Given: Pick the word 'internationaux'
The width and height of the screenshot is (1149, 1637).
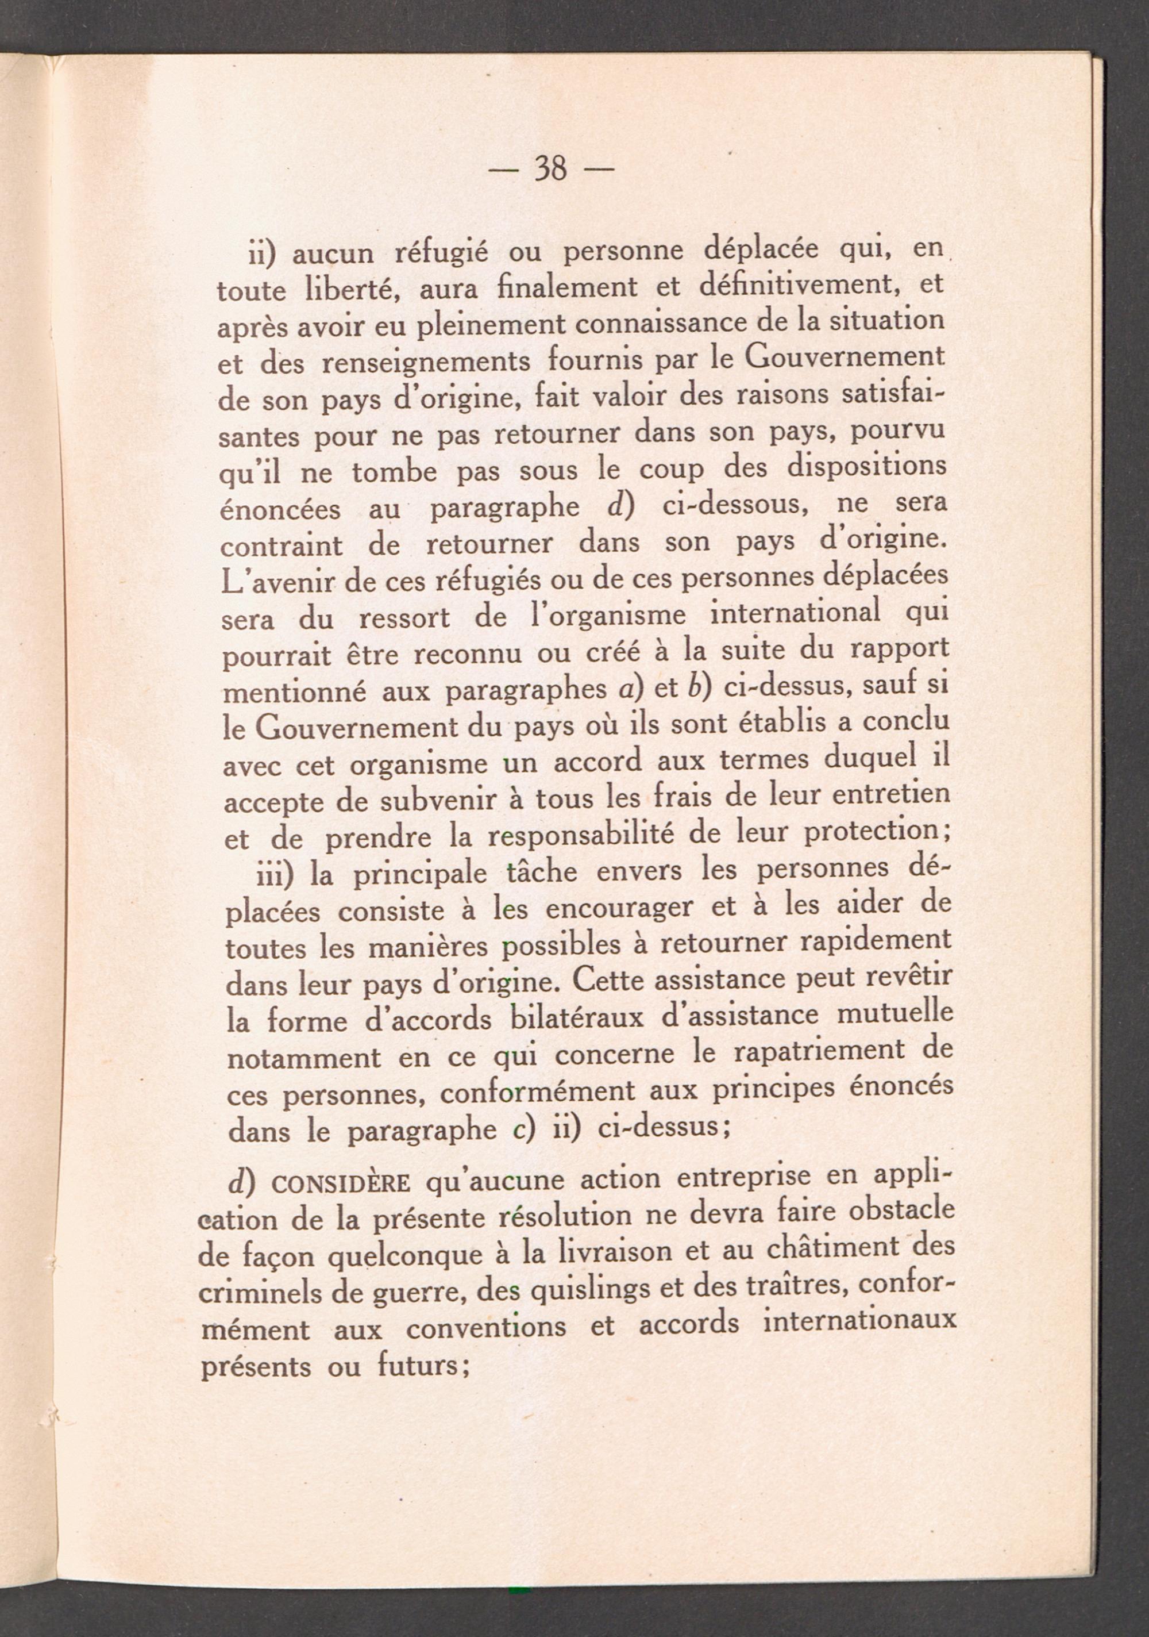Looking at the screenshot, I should tap(858, 1323).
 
